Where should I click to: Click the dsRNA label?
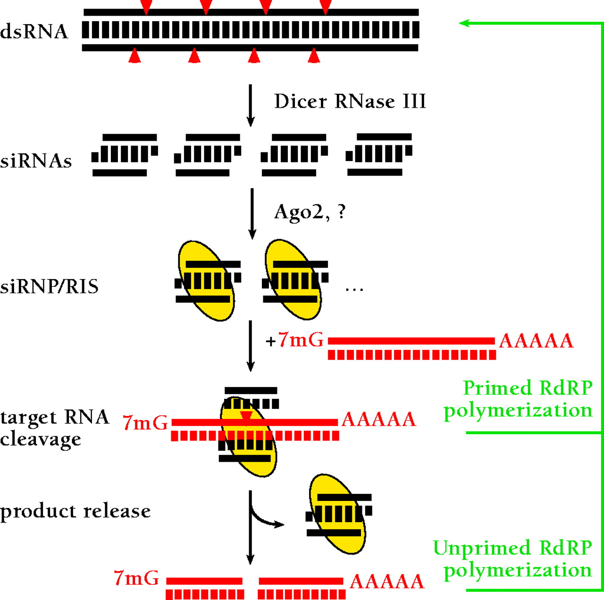(34, 32)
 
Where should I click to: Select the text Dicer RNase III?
(350, 101)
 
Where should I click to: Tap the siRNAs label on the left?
(36, 161)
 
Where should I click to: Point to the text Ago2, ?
(310, 212)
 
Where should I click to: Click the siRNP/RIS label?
(49, 287)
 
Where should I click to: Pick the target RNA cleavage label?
(54, 428)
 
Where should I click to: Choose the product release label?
(75, 511)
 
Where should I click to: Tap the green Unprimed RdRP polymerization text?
(513, 559)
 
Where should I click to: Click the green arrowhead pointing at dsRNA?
(464, 23)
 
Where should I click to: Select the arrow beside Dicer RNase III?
(251, 105)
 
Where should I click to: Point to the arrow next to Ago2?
(252, 213)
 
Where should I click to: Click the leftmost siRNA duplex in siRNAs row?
(125, 155)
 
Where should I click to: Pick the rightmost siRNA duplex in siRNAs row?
(379, 154)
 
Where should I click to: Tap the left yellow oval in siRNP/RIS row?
(207, 281)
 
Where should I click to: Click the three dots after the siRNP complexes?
(354, 289)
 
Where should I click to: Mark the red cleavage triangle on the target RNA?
(246, 416)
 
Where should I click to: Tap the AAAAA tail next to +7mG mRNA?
(536, 341)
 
